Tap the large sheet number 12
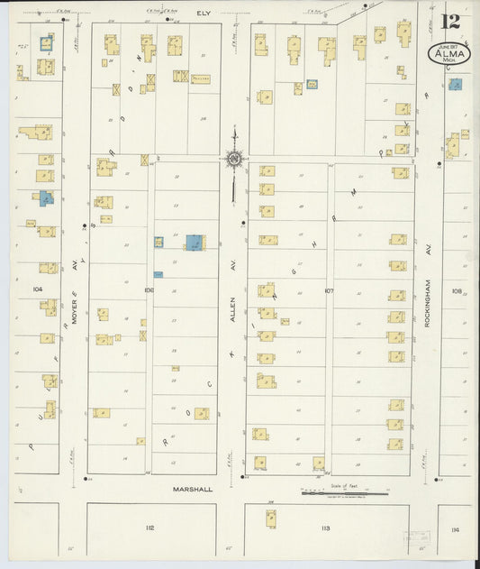coord(453,21)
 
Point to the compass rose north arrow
coord(233,160)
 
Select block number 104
coord(37,289)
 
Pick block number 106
coord(149,290)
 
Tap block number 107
coord(329,290)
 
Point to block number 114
coord(455,530)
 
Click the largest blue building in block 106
coord(194,242)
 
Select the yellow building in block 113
coord(270,518)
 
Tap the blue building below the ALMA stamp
coord(456,85)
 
